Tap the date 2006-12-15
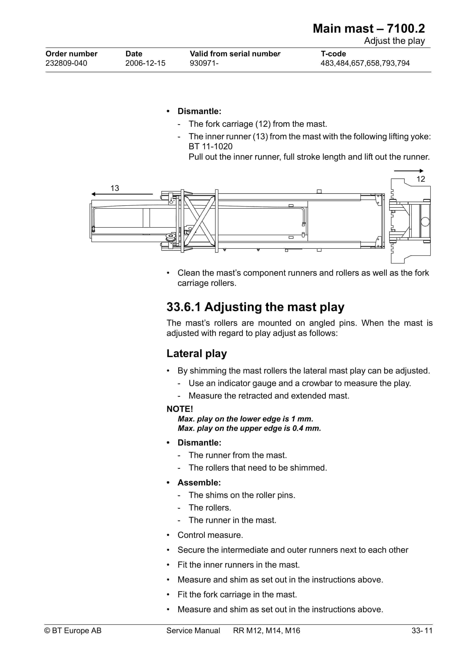[145, 63]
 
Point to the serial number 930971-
[204, 63]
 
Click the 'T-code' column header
[333, 54]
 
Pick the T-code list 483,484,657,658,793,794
[365, 63]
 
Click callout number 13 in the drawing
[115, 188]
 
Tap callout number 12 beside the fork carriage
[420, 179]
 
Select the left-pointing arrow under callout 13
[122, 194]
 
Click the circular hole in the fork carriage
[425, 221]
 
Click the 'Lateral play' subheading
[197, 353]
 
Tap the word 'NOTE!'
[180, 409]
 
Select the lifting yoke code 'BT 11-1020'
[210, 146]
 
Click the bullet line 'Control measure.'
[210, 535]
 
